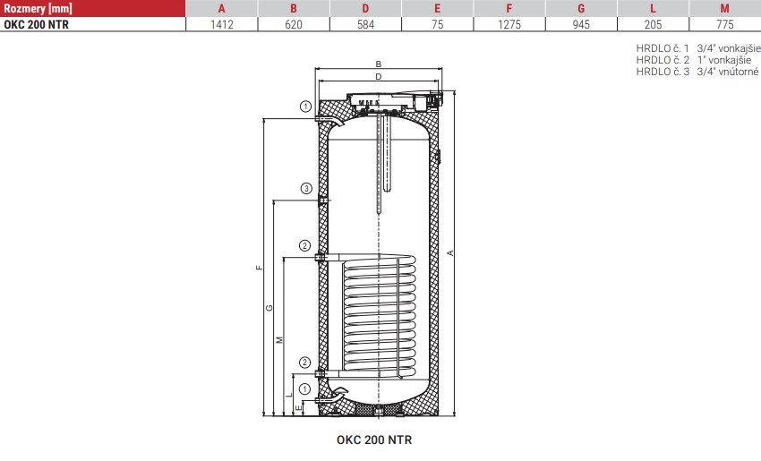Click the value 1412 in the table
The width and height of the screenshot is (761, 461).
coord(222,24)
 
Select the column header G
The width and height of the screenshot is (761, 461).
coord(581,8)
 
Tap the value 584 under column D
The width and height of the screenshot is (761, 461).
coord(365,24)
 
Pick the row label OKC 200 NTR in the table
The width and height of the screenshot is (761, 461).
coord(37,24)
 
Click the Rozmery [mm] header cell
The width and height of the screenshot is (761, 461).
coord(38,8)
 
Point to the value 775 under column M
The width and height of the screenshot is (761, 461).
coord(724,24)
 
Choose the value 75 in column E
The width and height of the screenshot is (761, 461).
coord(437,24)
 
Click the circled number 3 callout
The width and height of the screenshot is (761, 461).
coord(306,188)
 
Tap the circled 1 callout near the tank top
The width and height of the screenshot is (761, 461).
coord(305,107)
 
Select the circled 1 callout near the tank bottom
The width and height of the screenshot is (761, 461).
coord(304,389)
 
